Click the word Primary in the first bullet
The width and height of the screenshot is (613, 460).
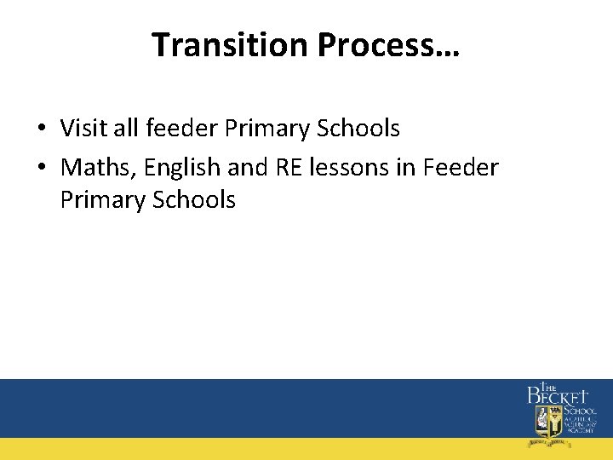click(268, 129)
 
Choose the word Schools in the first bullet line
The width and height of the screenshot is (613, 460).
click(358, 129)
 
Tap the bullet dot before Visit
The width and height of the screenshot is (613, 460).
click(41, 129)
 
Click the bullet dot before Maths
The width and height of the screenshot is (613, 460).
click(41, 169)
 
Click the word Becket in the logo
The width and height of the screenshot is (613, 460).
click(558, 396)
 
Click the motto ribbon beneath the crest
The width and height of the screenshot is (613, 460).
click(547, 442)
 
